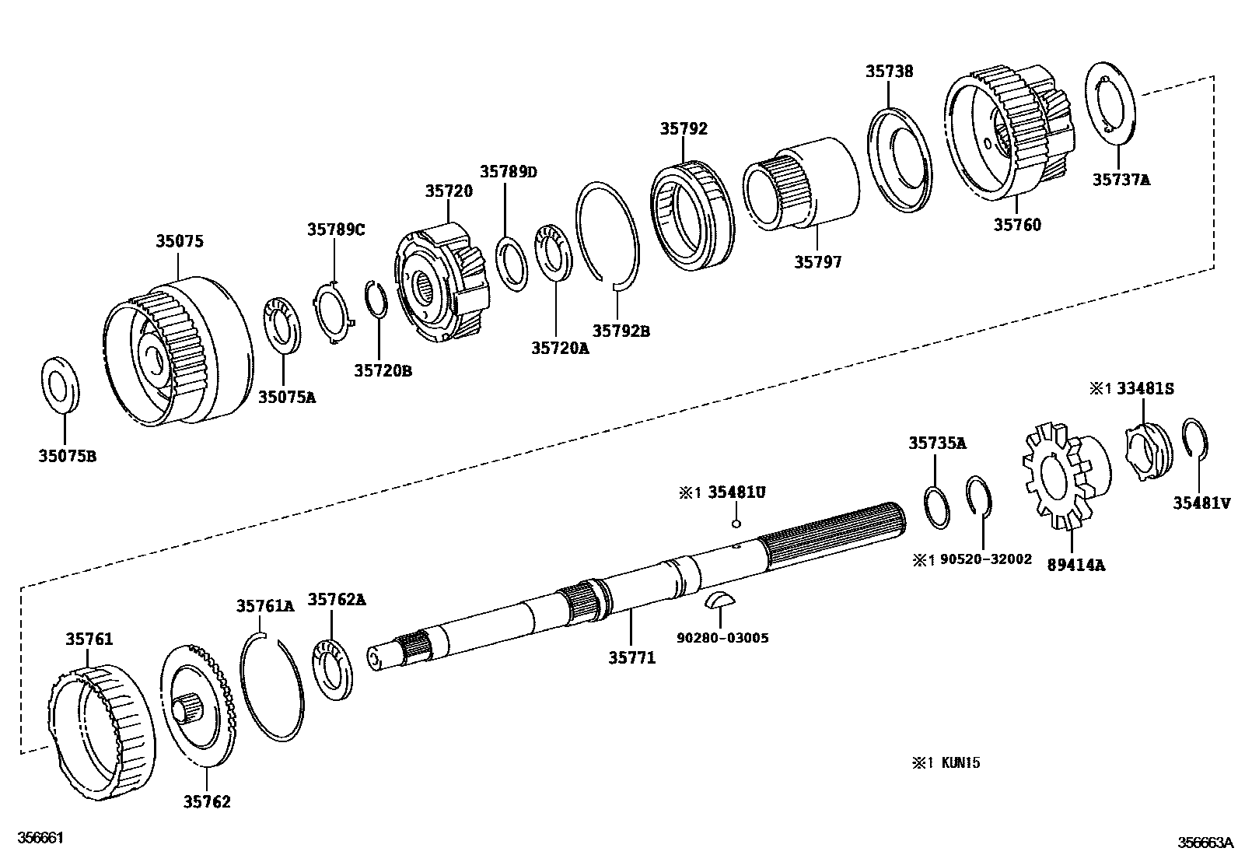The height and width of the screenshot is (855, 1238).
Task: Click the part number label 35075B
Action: coord(67,457)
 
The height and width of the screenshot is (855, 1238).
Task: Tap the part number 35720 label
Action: coord(448,191)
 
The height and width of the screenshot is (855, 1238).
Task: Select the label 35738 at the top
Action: coord(889,71)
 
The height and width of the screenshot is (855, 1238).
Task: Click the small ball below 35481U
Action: coord(736,524)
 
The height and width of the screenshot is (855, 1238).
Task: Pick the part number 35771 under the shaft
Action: coord(631,658)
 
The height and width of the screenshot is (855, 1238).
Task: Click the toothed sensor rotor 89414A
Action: coord(1061,476)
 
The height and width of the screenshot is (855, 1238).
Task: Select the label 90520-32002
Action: coord(985,559)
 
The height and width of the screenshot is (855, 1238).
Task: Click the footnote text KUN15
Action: coord(960,762)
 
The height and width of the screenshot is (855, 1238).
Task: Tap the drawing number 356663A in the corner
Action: coord(1205,842)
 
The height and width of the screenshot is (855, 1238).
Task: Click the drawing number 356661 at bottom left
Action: coord(41,838)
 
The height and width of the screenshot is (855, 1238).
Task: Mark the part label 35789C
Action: coord(335,230)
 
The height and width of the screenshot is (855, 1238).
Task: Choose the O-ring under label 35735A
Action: coord(937,507)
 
